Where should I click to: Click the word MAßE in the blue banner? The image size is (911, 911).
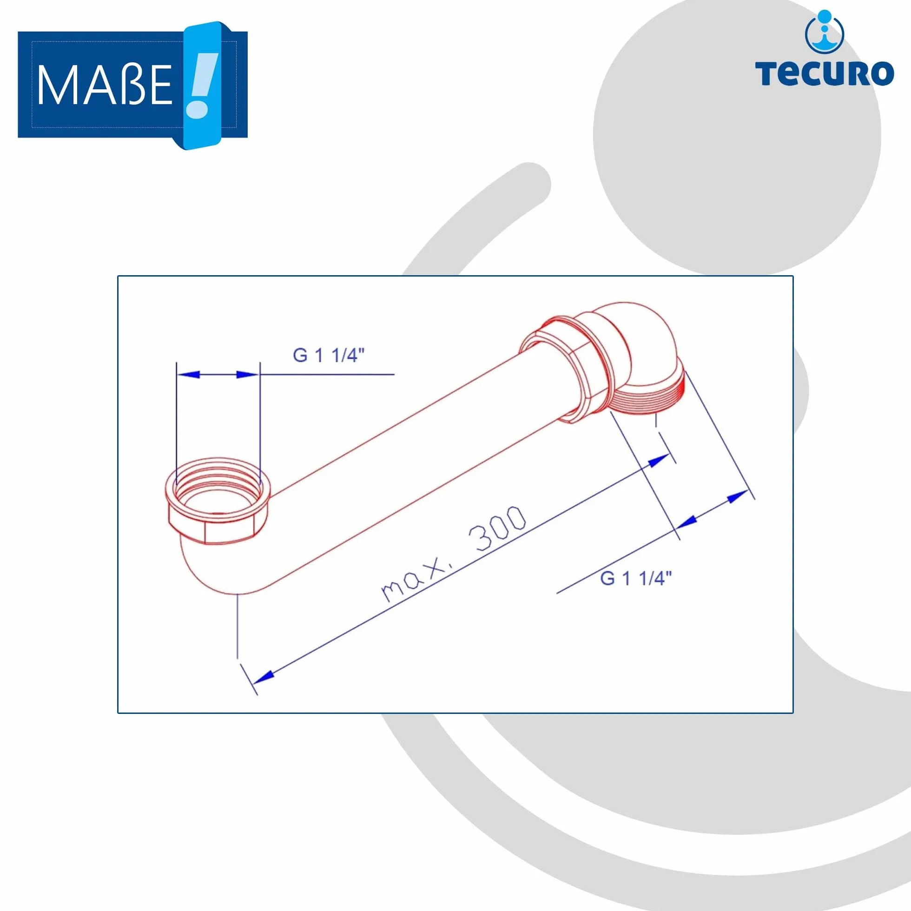coord(105,85)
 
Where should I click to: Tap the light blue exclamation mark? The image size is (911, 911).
coord(202,85)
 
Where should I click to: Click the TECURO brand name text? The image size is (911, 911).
coord(824,73)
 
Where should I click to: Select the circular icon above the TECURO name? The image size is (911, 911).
coord(825,32)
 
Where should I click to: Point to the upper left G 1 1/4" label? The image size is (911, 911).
coord(329,355)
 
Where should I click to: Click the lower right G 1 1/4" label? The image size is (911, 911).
coord(636,578)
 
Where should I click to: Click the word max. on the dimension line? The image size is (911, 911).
coord(415,578)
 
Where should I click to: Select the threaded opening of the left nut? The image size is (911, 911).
coord(218,486)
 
